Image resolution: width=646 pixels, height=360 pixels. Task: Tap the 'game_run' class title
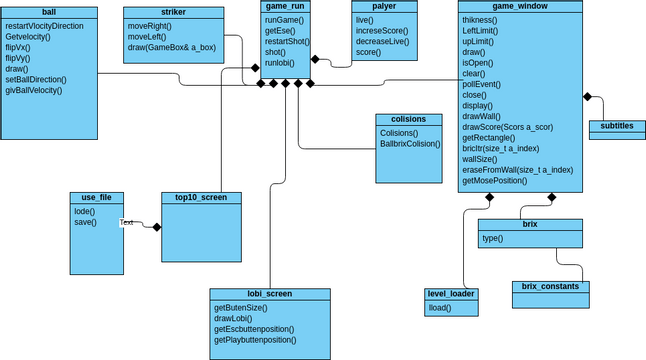[284, 6]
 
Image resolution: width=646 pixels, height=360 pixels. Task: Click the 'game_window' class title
[523, 6]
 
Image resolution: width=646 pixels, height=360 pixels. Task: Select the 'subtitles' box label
[617, 127]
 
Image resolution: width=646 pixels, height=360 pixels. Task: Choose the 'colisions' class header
[408, 119]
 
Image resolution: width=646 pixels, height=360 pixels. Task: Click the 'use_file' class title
[96, 197]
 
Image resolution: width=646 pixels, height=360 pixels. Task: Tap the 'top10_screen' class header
[201, 197]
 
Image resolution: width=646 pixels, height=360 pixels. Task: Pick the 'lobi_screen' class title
[269, 294]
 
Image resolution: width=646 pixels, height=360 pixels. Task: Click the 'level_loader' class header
[450, 294]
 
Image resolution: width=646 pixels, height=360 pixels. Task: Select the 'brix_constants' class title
[550, 287]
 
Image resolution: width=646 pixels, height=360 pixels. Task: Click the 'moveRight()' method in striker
[151, 24]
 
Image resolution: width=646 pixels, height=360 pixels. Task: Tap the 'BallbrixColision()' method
[410, 144]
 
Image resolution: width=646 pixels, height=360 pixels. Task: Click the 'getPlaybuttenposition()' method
[255, 340]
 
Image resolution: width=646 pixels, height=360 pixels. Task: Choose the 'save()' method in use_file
[85, 222]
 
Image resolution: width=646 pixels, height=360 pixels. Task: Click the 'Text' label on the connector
[127, 222]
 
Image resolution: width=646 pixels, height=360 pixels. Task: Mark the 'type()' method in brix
[492, 238]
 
